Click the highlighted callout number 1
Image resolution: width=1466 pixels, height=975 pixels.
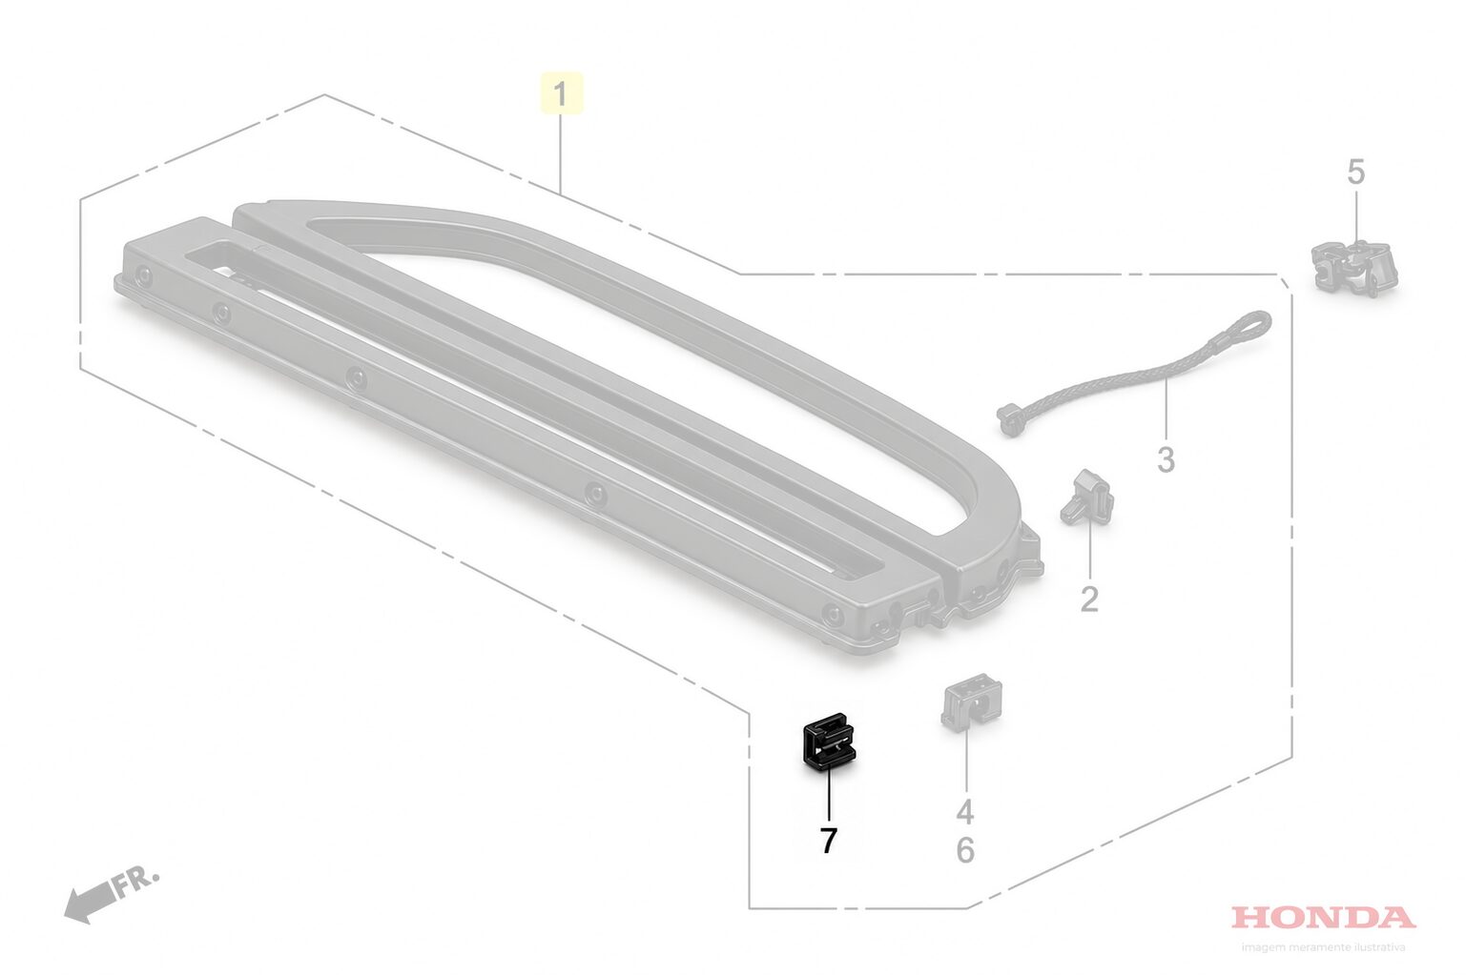click(560, 94)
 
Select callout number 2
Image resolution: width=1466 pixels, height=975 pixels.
click(1089, 599)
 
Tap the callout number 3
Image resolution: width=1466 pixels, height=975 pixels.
click(1166, 460)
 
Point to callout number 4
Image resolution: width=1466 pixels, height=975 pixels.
click(965, 812)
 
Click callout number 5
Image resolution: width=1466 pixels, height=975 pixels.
click(1356, 172)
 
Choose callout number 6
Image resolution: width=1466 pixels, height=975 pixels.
click(965, 850)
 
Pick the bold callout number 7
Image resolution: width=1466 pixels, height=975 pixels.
click(828, 841)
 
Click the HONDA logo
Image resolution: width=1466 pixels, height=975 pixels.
click(1323, 918)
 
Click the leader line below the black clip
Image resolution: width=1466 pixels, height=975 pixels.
click(829, 794)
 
